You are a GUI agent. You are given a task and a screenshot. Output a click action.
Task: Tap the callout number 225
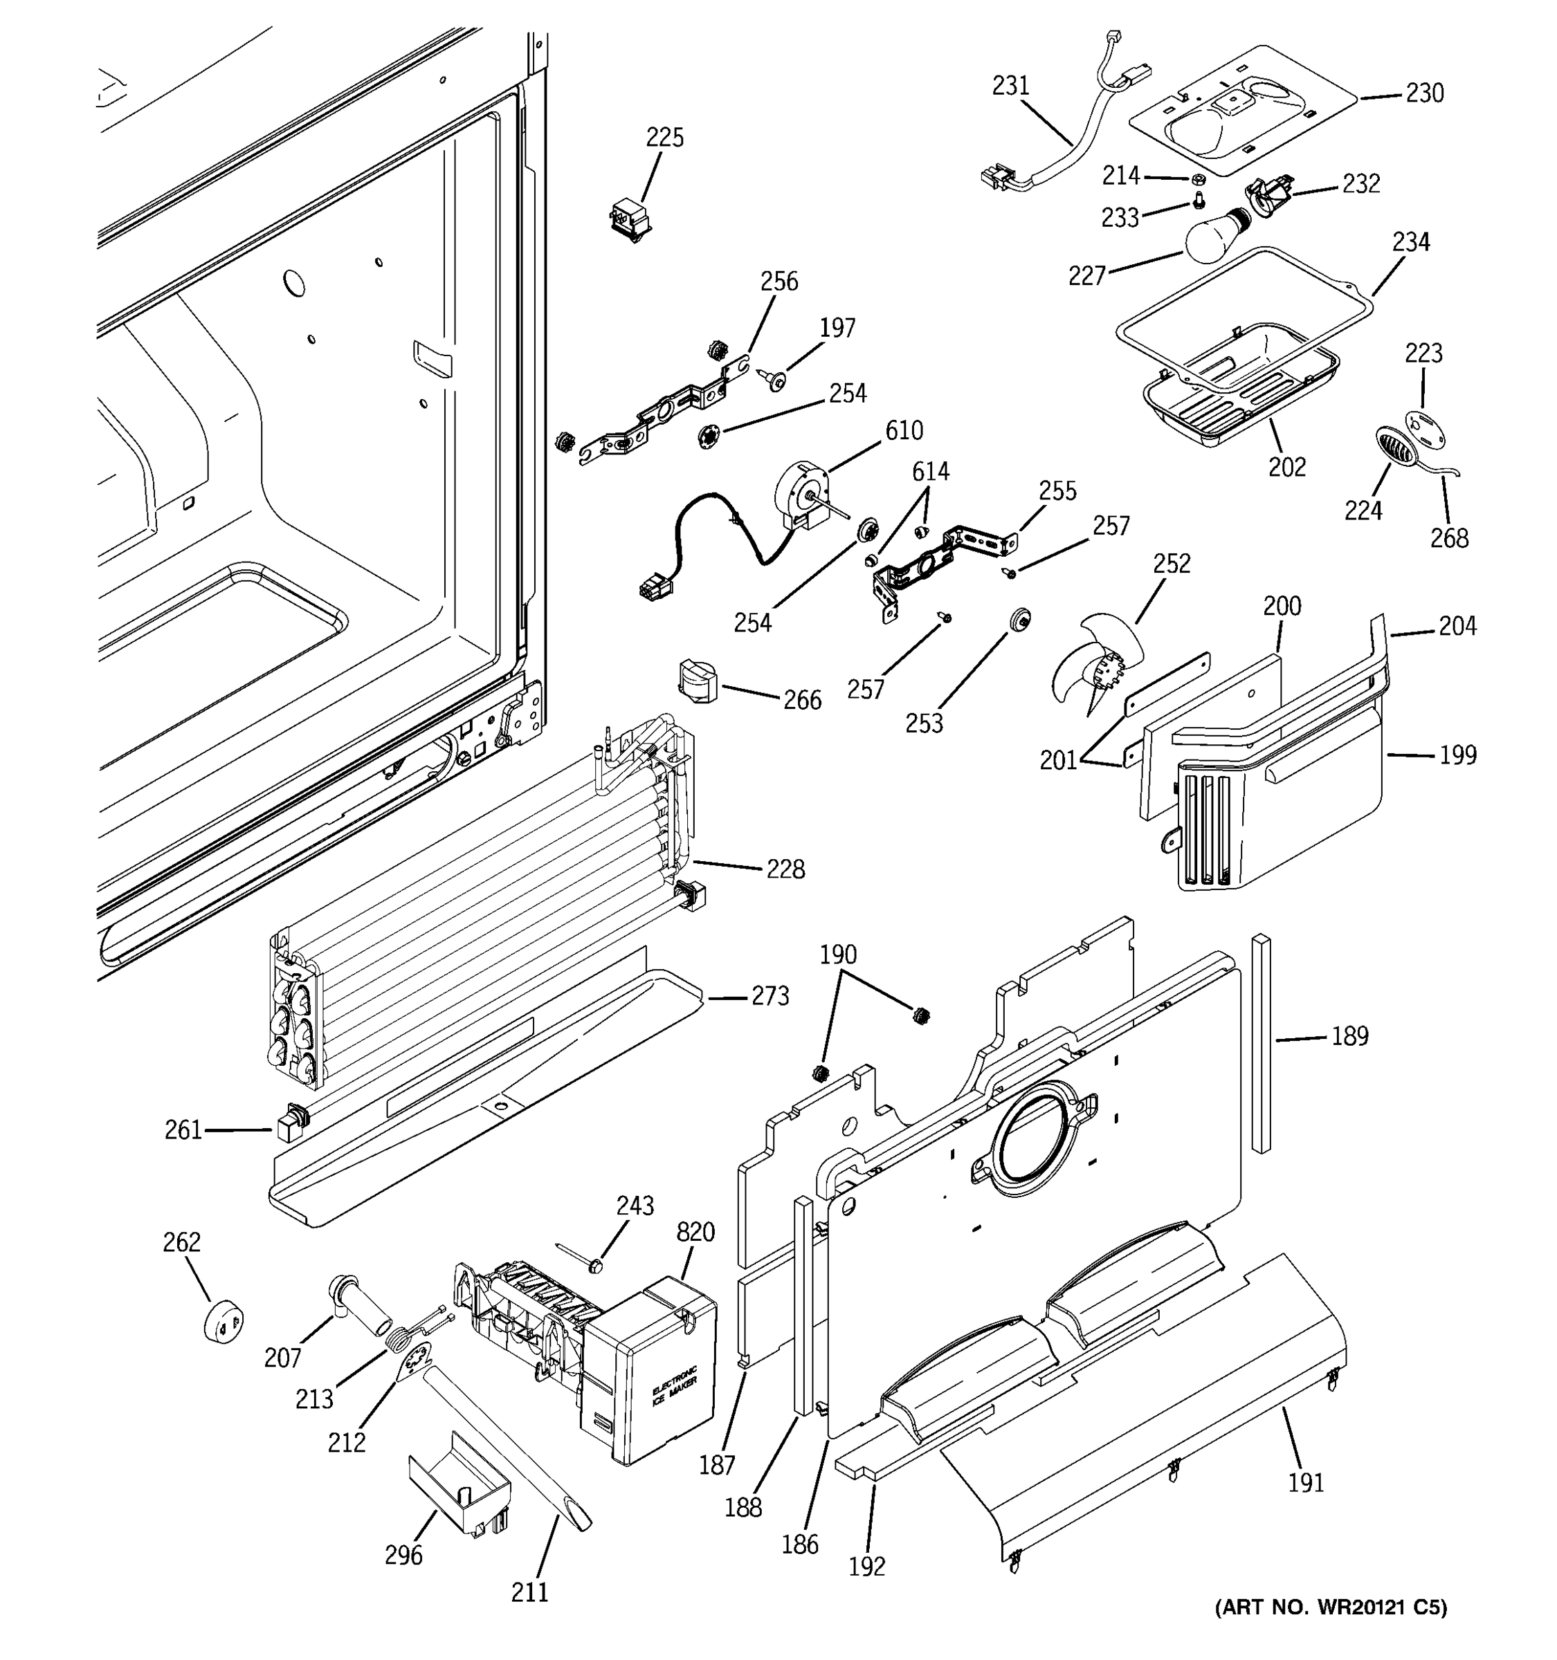coord(665,138)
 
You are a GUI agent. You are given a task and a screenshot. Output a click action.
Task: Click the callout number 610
coord(904,431)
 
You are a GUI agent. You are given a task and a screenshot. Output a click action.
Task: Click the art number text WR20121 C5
coord(1330,1607)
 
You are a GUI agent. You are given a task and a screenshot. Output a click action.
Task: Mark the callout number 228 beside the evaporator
coord(785,870)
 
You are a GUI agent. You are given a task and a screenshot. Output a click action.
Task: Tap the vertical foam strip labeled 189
coord(1262,1044)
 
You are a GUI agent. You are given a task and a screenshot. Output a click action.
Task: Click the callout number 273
coord(770,996)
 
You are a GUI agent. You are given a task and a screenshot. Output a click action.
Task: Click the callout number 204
coord(1457,626)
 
